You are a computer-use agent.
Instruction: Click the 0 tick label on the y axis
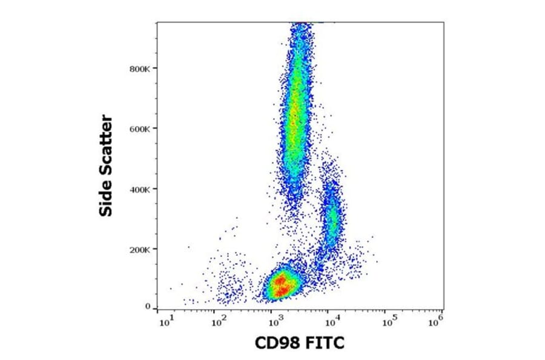pos(147,307)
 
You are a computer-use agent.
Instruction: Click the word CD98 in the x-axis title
pos(275,344)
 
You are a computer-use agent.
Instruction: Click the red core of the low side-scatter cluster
pos(280,285)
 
